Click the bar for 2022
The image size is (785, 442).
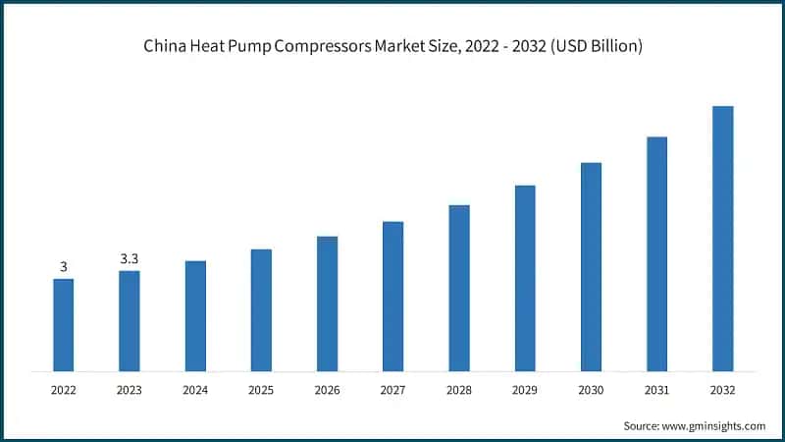(x=64, y=324)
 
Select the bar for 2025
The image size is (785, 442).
(x=261, y=309)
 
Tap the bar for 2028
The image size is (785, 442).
(x=459, y=288)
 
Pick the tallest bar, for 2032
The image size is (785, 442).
(x=723, y=238)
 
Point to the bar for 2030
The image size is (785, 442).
(x=591, y=266)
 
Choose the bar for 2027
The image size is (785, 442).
(x=392, y=296)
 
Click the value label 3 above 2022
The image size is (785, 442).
(x=64, y=267)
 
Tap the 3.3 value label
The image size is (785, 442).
(x=130, y=259)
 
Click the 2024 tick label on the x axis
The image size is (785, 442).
(x=195, y=390)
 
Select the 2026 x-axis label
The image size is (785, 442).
(x=327, y=390)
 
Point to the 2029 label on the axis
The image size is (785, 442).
(x=525, y=390)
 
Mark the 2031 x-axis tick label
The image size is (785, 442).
(x=656, y=390)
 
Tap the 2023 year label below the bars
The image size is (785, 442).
(x=130, y=390)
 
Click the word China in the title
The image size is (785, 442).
(x=165, y=46)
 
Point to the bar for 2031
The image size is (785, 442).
(x=656, y=253)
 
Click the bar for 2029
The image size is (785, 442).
(x=525, y=278)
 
